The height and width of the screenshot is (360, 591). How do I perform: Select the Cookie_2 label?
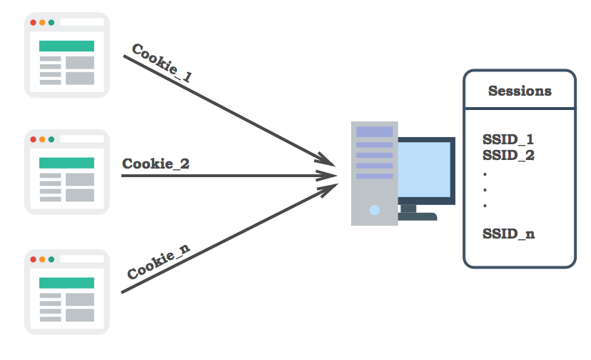pyautogui.click(x=156, y=164)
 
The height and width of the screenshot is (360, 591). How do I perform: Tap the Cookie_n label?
pyautogui.click(x=158, y=262)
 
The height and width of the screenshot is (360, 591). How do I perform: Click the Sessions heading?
pyautogui.click(x=520, y=91)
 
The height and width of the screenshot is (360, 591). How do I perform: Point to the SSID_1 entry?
pyautogui.click(x=508, y=139)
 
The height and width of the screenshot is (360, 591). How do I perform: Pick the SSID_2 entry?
pyautogui.click(x=508, y=154)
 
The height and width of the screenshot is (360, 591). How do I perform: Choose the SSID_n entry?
pyautogui.click(x=508, y=234)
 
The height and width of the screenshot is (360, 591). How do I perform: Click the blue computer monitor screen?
pyautogui.click(x=425, y=171)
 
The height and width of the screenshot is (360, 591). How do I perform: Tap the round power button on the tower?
pyautogui.click(x=375, y=210)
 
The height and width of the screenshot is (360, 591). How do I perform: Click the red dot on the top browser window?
pyautogui.click(x=33, y=22)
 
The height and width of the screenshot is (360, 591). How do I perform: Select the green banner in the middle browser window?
pyautogui.click(x=66, y=163)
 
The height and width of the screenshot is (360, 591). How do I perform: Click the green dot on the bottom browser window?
pyautogui.click(x=51, y=259)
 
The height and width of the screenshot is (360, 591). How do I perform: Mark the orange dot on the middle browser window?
pyautogui.click(x=42, y=139)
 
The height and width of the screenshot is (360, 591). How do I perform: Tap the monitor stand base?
pyautogui.click(x=417, y=216)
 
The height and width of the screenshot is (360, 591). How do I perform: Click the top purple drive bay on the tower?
pyautogui.click(x=374, y=131)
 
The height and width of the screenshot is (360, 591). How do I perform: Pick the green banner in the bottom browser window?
pyautogui.click(x=66, y=283)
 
